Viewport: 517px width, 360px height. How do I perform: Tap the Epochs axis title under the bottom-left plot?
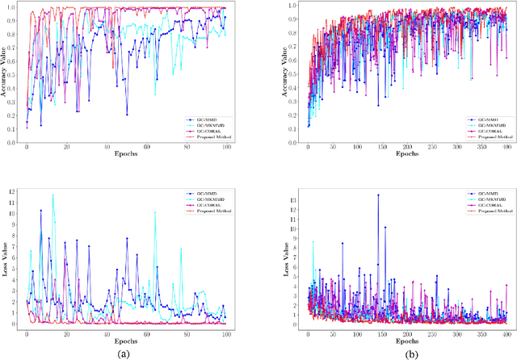(x=127, y=340)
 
